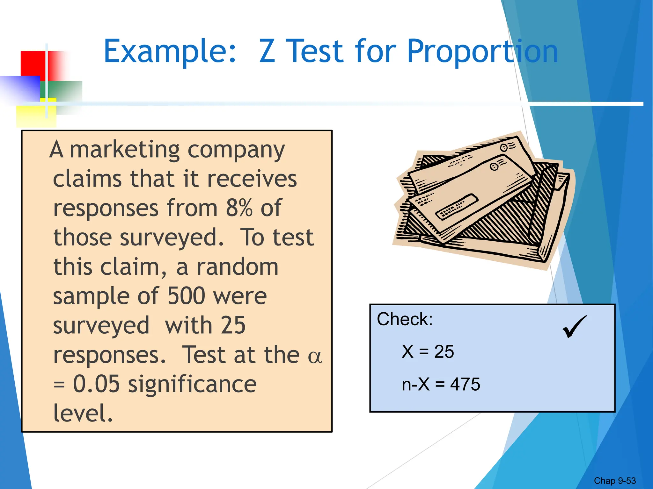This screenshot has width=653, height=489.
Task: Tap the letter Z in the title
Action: [267, 51]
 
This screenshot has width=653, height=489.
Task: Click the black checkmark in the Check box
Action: [574, 326]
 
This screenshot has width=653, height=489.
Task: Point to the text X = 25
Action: [428, 352]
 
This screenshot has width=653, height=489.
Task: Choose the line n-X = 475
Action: [441, 384]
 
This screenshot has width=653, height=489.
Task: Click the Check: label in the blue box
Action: [405, 319]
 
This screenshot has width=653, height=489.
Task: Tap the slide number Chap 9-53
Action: [614, 480]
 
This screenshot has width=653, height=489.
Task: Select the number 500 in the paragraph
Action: [186, 296]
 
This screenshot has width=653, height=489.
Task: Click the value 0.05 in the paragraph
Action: [96, 384]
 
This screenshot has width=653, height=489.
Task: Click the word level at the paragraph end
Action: [83, 413]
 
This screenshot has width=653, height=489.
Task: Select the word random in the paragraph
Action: [237, 267]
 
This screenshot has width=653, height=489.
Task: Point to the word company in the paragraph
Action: [236, 150]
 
